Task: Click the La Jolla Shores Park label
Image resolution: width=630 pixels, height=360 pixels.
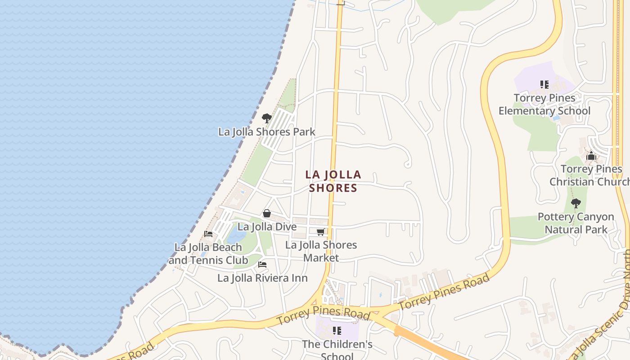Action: coord(267,132)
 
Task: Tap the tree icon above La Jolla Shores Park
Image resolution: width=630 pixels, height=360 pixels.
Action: coord(267,118)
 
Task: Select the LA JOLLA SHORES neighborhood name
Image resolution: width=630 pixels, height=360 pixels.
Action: coord(333,181)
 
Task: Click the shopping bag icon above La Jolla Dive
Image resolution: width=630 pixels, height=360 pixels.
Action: coord(267,213)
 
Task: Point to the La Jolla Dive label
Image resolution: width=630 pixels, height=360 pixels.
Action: coord(267,227)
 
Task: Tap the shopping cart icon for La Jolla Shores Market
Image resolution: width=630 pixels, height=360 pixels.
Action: coord(321,232)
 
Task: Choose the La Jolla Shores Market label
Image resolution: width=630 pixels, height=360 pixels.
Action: coord(321,251)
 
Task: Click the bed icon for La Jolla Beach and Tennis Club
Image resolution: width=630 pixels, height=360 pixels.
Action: coord(208,234)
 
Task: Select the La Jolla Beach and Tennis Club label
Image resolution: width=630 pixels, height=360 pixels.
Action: coord(209,254)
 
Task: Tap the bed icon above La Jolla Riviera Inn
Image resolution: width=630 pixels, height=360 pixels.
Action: coord(262,265)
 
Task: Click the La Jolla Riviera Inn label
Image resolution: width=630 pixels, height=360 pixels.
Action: coord(262,278)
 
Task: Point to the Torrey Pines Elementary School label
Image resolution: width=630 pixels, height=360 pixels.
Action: coord(544,104)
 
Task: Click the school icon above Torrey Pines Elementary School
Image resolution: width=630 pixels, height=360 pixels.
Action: coord(544,84)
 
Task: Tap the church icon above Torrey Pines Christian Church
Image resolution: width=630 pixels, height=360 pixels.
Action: coord(591,156)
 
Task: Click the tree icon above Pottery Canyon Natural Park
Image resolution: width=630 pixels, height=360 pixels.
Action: coord(576,203)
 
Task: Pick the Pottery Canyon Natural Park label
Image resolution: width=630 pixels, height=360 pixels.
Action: coord(576,223)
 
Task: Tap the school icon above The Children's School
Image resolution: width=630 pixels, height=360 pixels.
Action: coord(337,331)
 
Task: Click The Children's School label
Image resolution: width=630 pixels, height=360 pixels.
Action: coord(337,350)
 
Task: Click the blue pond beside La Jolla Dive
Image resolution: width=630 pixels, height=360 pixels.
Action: coord(236,236)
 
